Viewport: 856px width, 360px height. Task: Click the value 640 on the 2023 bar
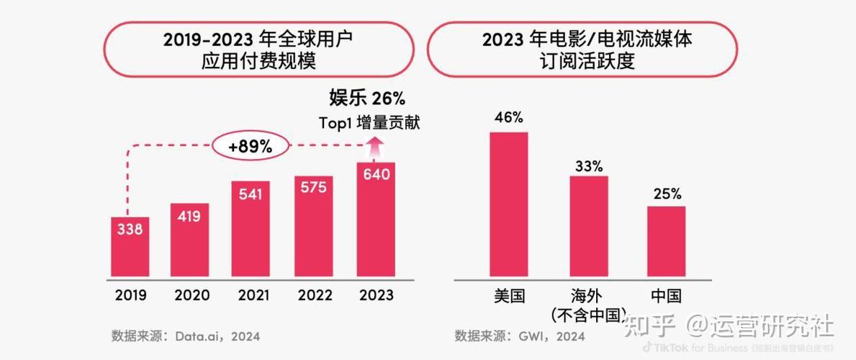(376, 174)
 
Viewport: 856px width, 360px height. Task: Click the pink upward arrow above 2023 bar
(375, 149)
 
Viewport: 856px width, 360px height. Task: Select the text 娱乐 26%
(367, 98)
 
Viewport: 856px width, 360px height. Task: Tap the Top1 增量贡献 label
(369, 122)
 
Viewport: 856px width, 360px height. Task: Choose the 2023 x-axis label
(376, 295)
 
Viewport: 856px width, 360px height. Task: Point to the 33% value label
(588, 166)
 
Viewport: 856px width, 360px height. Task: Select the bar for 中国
(666, 240)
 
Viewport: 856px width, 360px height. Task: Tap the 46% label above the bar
(509, 117)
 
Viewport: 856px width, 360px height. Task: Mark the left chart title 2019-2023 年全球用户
(258, 39)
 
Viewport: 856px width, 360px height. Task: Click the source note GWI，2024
(551, 336)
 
